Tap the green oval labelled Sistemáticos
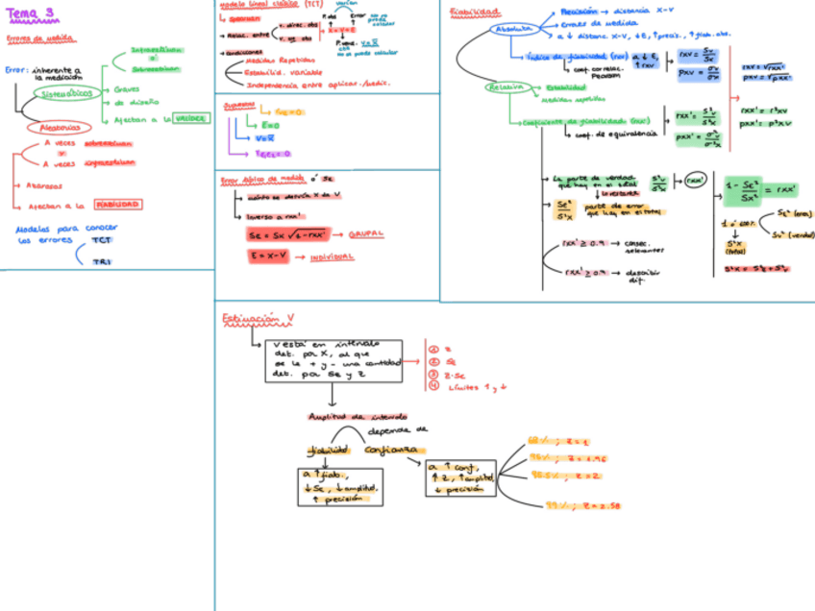click(67, 93)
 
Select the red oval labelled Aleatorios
click(60, 127)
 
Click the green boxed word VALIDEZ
click(191, 118)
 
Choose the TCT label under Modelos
click(102, 240)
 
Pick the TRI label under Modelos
click(102, 260)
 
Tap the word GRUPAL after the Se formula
click(365, 233)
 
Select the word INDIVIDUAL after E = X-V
click(332, 257)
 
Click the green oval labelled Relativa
click(505, 86)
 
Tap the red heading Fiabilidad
click(476, 12)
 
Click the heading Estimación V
click(258, 318)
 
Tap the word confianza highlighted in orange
click(391, 449)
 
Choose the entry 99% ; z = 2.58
click(585, 504)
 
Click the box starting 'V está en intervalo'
click(333, 361)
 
